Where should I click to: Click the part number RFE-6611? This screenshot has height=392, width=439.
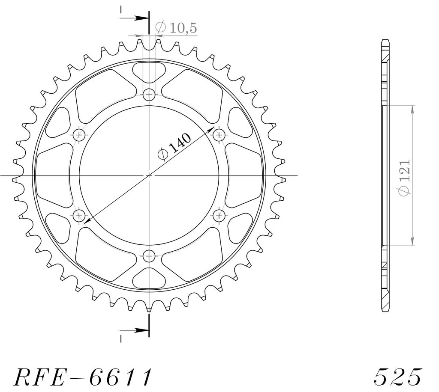pos(83,377)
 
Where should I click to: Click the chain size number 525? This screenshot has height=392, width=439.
pos(397,377)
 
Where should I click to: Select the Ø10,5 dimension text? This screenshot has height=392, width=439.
pos(176,28)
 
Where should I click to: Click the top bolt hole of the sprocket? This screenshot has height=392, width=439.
pos(149,95)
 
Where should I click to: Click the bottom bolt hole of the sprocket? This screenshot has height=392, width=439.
pos(149,255)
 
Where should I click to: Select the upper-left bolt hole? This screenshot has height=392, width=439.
pos(79,136)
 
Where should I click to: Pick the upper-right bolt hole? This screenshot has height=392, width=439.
pos(219,136)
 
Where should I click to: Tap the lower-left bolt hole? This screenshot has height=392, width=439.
pos(79,215)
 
